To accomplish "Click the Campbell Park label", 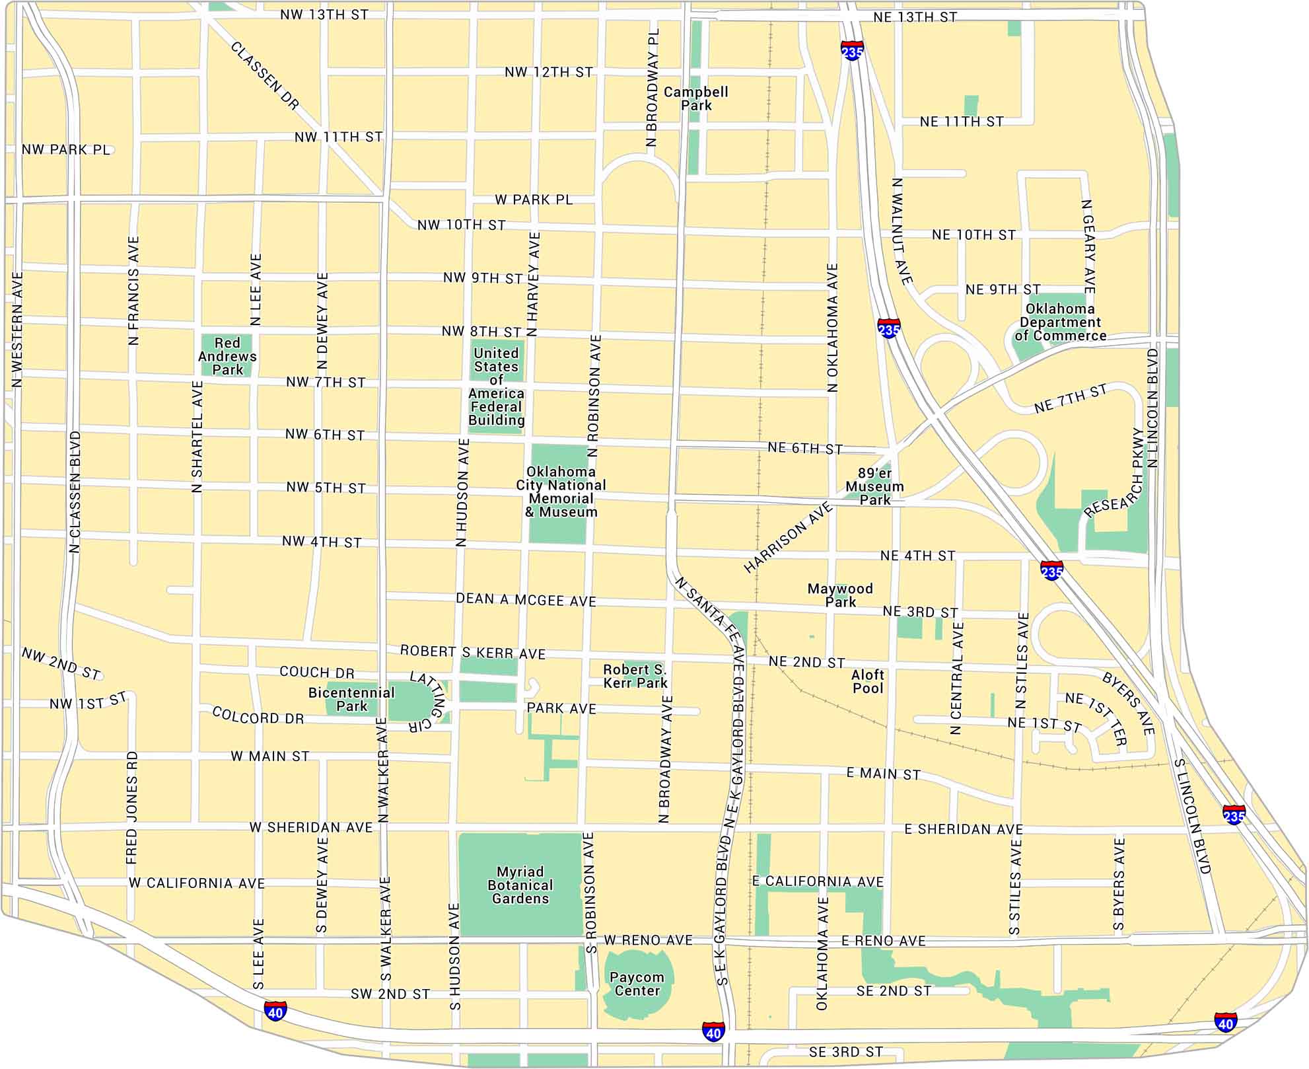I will tap(695, 98).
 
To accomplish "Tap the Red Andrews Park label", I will tap(227, 356).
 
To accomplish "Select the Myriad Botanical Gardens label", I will tap(520, 885).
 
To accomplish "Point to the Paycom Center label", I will tap(637, 984).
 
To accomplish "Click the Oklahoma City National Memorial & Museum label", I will tap(561, 492).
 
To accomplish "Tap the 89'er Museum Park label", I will tap(874, 486).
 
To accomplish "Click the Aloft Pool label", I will tap(868, 681).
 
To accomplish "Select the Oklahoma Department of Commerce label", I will tap(1060, 322).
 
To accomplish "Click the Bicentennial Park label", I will tap(351, 699).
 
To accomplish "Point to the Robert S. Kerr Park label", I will tap(635, 677).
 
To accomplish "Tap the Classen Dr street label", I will tap(265, 75).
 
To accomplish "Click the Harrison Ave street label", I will tap(788, 537).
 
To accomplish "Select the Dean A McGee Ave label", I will tap(526, 600).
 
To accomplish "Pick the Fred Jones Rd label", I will tap(132, 807).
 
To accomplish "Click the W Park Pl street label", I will tap(534, 200).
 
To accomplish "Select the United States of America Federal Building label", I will tap(496, 387).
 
